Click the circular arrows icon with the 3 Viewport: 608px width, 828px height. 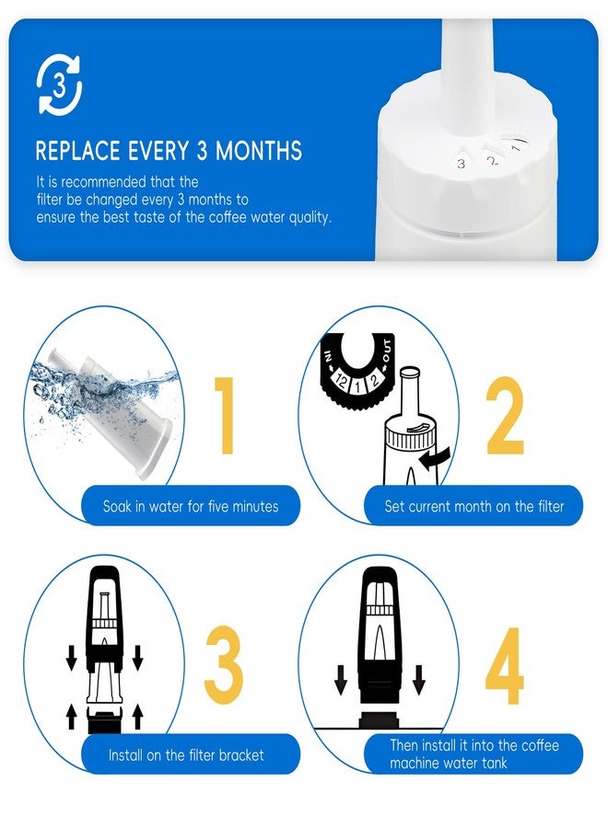click(59, 85)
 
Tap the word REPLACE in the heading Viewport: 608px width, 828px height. click(77, 151)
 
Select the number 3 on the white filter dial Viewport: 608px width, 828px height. click(461, 164)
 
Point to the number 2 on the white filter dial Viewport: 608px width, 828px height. click(493, 160)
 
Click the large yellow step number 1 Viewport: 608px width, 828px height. click(224, 415)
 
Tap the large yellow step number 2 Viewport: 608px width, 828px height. click(505, 415)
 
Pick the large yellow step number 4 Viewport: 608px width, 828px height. click(505, 665)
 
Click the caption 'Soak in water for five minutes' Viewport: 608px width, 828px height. click(191, 506)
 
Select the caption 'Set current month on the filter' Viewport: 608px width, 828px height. click(474, 506)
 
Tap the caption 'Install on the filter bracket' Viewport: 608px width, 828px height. click(186, 755)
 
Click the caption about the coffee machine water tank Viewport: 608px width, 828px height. click(474, 754)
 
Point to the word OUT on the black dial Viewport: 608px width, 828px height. click(388, 351)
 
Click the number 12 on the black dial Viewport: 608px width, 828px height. click(341, 381)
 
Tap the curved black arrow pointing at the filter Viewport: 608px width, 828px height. click(435, 459)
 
